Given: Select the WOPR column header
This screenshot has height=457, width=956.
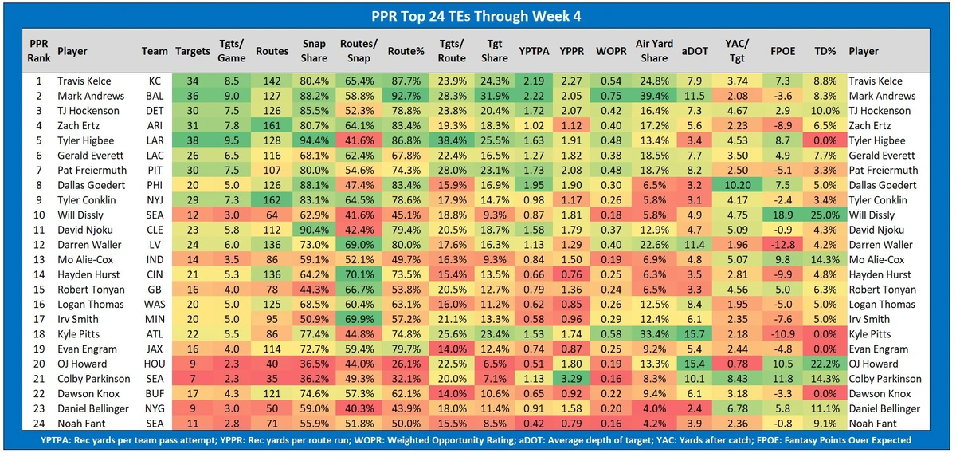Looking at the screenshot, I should point(611,51).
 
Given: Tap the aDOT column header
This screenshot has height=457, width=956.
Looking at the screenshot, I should point(692,51).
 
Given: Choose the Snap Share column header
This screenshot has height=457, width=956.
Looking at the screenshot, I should point(314,51).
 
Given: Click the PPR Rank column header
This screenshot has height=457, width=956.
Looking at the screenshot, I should point(37,51).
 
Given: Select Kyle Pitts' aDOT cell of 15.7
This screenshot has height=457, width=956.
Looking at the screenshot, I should point(692,334).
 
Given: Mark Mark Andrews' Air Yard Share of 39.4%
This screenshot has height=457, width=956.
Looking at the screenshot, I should point(652,96).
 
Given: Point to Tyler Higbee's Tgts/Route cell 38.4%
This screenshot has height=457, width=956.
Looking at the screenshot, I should point(452,140).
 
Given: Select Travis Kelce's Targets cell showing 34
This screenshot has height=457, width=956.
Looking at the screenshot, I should point(192,81).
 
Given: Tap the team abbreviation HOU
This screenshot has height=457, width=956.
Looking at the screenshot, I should point(155,364).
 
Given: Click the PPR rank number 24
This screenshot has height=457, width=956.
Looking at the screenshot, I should point(37,424).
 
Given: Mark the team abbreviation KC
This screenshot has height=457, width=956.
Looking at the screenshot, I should point(155,81).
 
